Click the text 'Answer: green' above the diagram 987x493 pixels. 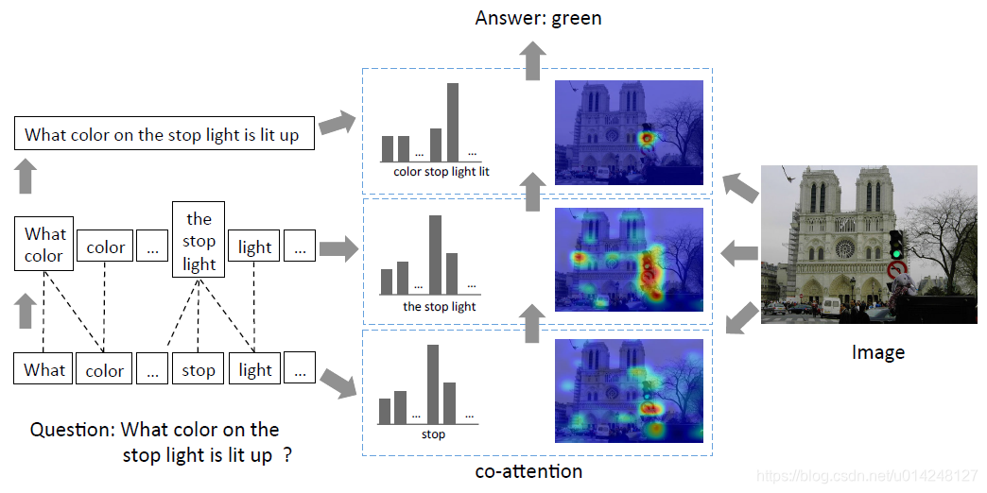[538, 18]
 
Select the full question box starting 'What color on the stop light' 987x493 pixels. [164, 134]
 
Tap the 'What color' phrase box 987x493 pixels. [45, 245]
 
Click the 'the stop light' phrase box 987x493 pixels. [199, 240]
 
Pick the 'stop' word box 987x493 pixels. [199, 370]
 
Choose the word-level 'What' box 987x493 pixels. [44, 369]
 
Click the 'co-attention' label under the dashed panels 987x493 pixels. [528, 470]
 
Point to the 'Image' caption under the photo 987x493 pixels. [877, 352]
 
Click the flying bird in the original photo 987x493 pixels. [786, 174]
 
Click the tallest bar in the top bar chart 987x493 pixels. [453, 121]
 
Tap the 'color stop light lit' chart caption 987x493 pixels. [442, 172]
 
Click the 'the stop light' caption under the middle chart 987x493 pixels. [439, 306]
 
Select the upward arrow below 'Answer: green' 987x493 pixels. [534, 63]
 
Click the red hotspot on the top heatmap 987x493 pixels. [646, 139]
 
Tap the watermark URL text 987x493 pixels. [868, 475]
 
